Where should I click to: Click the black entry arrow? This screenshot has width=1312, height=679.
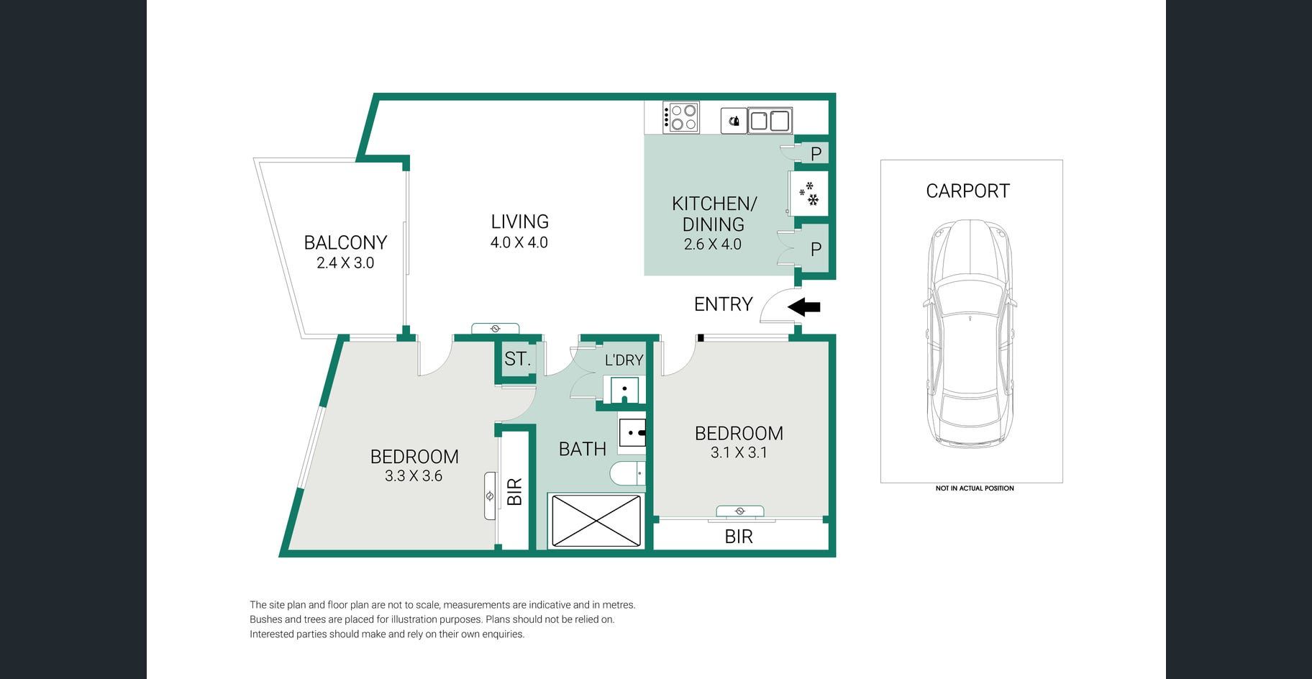[x=804, y=307]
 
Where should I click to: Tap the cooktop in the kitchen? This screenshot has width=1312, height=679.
[x=680, y=117]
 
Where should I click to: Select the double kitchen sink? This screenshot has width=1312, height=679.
[x=770, y=121]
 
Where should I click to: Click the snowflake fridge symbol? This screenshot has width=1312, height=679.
[x=809, y=193]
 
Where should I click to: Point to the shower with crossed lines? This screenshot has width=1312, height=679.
[x=596, y=519]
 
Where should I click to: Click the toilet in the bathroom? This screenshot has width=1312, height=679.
[x=627, y=474]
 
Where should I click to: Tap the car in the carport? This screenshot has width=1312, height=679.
[x=970, y=332]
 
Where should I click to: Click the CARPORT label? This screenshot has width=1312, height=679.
[x=967, y=191]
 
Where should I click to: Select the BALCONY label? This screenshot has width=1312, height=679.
[x=345, y=242]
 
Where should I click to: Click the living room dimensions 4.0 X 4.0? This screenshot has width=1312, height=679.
[x=519, y=242]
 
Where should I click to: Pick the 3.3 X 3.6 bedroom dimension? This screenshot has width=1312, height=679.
[x=414, y=475]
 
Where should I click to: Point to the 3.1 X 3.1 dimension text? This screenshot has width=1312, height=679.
[x=739, y=452]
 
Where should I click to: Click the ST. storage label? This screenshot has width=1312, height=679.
[x=517, y=359]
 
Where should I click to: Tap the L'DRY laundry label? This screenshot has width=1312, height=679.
[x=624, y=360]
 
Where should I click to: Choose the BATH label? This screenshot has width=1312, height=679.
[x=583, y=449]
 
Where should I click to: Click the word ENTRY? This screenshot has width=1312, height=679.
[x=723, y=304]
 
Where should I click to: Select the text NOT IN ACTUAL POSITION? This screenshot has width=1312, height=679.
[x=975, y=488]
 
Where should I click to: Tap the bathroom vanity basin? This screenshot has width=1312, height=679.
[x=632, y=434]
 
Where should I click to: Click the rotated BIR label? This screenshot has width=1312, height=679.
[x=514, y=492]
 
